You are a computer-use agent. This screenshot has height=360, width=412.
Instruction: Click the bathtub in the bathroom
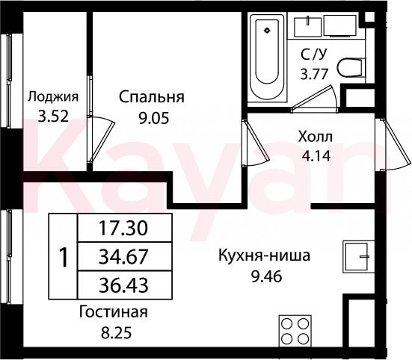click(x=267, y=58)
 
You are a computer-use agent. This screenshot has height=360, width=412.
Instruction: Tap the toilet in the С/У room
click(x=351, y=68)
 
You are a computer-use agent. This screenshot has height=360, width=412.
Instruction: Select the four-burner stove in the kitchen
click(x=295, y=330)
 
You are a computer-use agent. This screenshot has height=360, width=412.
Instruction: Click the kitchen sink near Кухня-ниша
click(x=358, y=257)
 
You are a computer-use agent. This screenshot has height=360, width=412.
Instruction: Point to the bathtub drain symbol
click(x=267, y=30)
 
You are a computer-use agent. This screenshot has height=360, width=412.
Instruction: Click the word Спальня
click(x=151, y=97)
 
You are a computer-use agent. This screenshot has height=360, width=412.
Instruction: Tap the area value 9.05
click(x=153, y=119)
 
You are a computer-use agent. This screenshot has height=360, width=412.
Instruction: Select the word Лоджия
click(x=53, y=97)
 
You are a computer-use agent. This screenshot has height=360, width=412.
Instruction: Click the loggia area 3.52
click(x=53, y=116)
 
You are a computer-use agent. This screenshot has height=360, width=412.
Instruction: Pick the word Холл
click(x=316, y=137)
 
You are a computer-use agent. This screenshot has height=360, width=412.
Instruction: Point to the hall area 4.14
click(x=316, y=156)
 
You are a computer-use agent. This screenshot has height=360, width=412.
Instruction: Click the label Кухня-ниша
click(x=265, y=256)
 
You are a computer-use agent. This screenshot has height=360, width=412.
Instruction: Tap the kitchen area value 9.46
click(x=266, y=276)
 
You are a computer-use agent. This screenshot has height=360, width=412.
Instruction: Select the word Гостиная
click(x=114, y=312)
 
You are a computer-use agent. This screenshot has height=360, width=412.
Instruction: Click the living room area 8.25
click(x=116, y=333)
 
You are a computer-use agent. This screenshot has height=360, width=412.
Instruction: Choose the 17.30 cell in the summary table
click(x=125, y=228)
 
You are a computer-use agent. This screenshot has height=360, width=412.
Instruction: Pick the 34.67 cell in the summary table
click(x=125, y=256)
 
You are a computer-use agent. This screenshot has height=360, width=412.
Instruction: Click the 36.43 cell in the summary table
click(x=125, y=285)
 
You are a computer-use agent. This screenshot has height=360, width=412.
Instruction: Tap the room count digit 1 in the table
click(x=64, y=258)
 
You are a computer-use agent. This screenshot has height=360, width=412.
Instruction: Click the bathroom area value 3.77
click(x=314, y=74)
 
